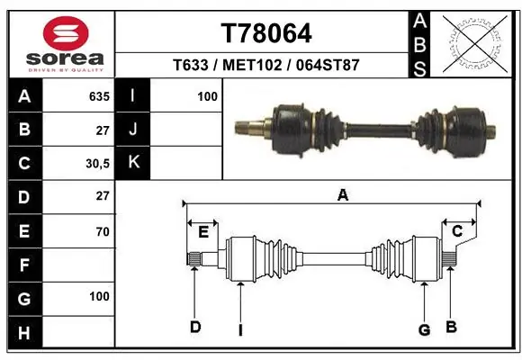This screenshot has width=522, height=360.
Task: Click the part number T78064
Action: coord(266,34)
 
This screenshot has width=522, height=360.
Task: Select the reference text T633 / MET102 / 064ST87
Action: coord(266,66)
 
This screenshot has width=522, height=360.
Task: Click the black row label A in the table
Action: coord(25,96)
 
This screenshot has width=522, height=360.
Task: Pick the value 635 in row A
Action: coord(98,96)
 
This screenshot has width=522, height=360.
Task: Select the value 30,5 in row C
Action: coord(96,163)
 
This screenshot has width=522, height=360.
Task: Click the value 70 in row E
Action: coord(102,231)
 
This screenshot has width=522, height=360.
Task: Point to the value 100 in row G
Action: coord(98,296)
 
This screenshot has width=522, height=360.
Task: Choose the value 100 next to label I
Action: coord(207,96)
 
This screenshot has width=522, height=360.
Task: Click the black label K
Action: coord(133,163)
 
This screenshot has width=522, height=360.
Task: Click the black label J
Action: coord(133,130)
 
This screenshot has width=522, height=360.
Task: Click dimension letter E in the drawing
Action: coord(202,233)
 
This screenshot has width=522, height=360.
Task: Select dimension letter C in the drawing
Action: coord(456,231)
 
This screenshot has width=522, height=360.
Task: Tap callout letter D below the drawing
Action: coord(194,328)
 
